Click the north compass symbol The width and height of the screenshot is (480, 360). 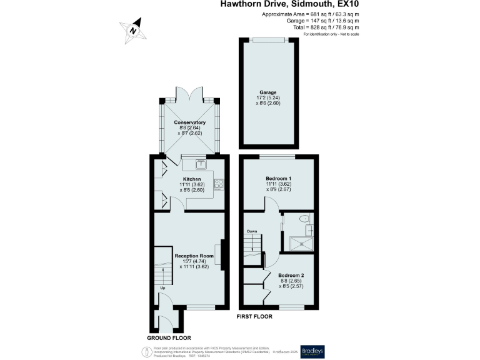(132, 29)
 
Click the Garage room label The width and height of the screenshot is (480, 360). (268, 92)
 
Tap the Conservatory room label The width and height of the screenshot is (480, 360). (190, 122)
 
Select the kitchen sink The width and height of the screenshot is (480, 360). (201, 165)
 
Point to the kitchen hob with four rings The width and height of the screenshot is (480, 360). (219, 184)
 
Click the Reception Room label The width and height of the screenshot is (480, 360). (194, 256)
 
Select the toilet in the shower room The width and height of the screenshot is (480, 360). (304, 219)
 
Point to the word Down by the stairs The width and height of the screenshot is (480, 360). (252, 231)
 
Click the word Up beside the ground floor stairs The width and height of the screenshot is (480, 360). (162, 288)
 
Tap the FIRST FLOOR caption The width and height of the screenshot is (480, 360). (254, 317)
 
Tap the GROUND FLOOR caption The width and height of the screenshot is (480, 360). (168, 337)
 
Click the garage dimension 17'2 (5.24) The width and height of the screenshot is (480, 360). (268, 98)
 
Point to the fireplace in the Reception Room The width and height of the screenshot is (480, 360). (222, 256)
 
